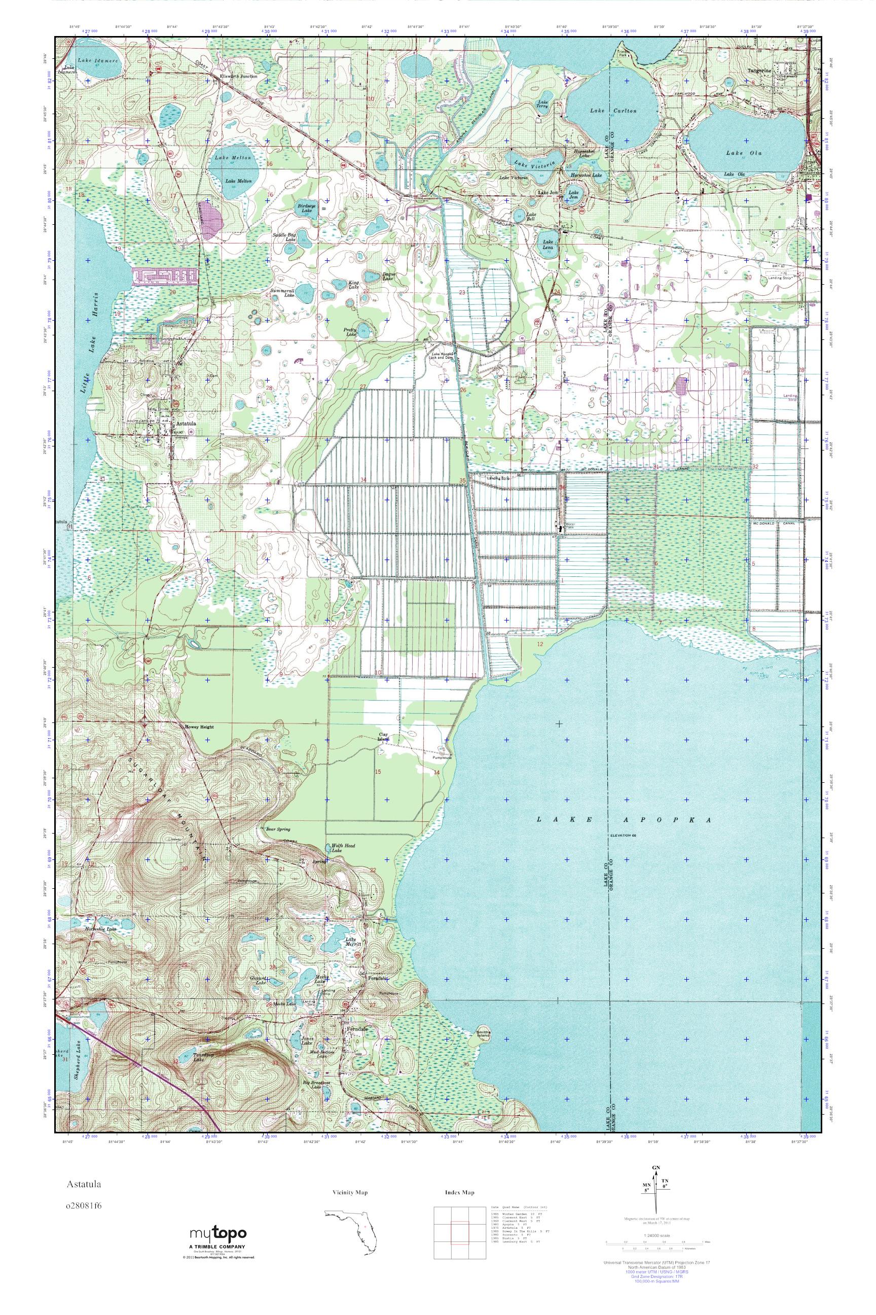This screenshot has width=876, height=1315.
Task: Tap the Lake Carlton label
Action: tap(613, 111)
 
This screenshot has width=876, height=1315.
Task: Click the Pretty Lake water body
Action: tap(363, 327)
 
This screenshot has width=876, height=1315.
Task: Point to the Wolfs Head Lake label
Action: tap(337, 848)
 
